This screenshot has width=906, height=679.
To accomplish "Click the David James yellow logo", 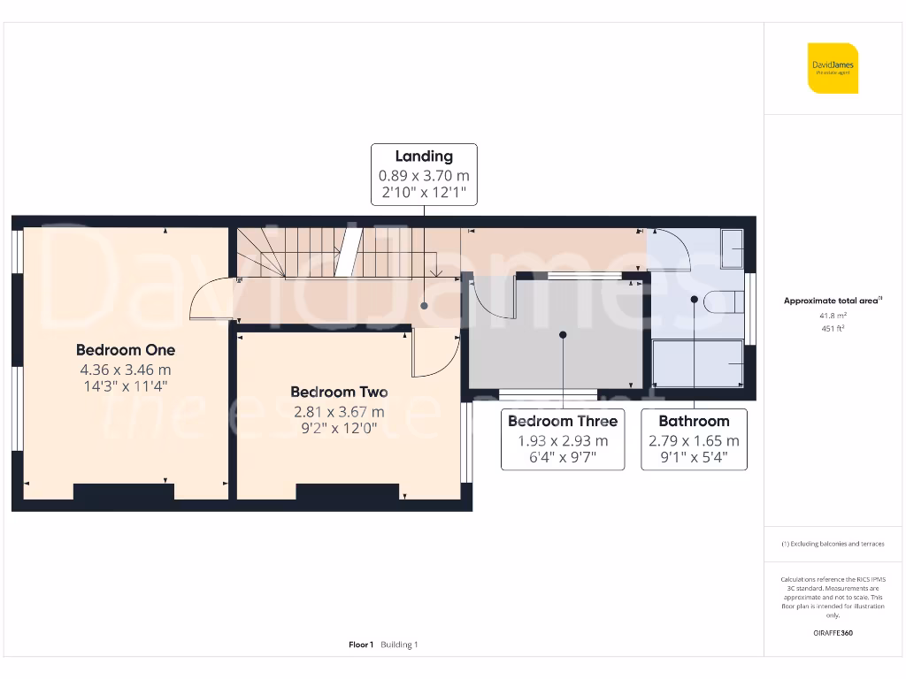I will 833,68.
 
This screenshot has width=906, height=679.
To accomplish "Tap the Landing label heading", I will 424,156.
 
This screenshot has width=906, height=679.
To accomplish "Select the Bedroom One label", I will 126,349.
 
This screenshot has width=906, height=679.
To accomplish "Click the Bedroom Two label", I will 339,392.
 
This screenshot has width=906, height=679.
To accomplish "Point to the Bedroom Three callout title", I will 563,421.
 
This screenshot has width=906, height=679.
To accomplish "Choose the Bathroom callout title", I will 694,421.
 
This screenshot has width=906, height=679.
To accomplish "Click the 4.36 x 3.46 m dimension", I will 126,370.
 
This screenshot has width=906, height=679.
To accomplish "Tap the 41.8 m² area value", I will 833,316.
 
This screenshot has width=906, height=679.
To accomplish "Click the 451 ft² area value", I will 833,329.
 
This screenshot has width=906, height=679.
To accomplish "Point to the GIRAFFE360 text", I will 833,633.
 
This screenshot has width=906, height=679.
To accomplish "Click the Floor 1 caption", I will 361,645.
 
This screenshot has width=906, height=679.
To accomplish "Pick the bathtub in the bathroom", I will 697,363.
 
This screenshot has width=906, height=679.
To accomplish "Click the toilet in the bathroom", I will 721,302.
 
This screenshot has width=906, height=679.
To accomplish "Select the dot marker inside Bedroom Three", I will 563,334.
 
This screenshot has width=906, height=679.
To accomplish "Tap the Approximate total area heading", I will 833,301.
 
